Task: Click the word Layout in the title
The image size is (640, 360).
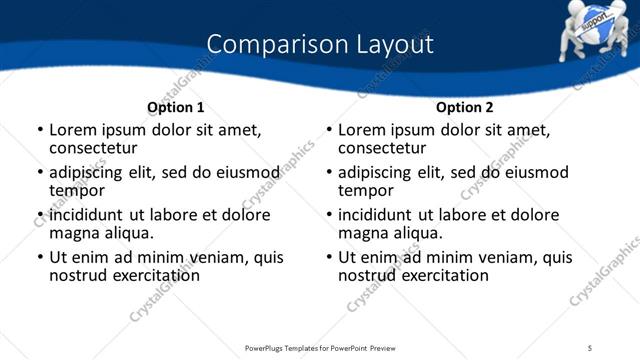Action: (x=392, y=45)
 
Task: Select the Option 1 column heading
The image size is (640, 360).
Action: (x=175, y=107)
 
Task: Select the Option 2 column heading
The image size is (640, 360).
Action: (x=464, y=107)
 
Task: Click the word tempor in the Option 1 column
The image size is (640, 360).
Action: (x=77, y=190)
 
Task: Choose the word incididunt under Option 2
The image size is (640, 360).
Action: (x=379, y=215)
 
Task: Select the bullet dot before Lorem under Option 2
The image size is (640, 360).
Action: (x=329, y=130)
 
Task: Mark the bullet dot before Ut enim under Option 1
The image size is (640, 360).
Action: (x=40, y=258)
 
